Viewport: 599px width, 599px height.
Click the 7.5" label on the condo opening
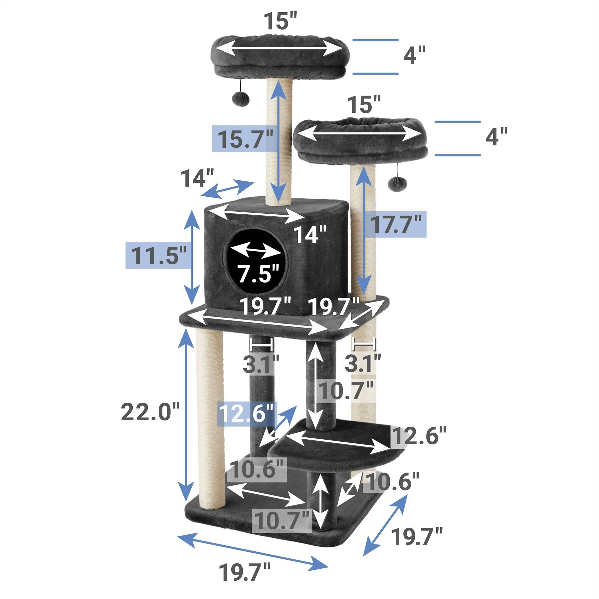257,273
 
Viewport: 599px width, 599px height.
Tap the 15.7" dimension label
245,139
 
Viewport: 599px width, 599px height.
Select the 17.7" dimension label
396,224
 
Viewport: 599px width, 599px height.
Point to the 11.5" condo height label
158,255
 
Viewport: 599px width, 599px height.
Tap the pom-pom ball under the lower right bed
396,183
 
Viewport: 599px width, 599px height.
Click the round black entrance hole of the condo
257,260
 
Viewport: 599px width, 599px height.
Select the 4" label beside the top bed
414,55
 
